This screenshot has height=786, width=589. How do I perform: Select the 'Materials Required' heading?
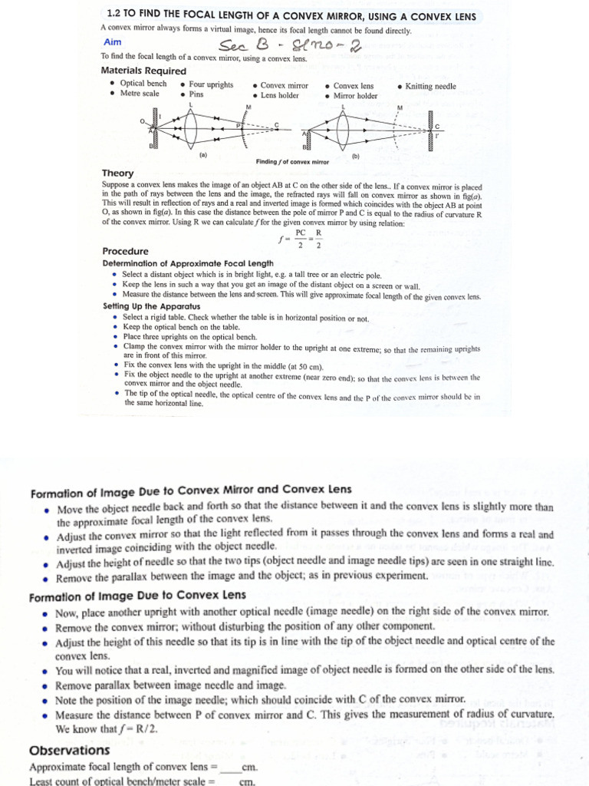coord(143,71)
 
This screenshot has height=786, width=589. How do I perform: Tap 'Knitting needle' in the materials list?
coord(430,86)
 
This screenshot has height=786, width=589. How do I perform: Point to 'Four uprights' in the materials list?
coord(211,84)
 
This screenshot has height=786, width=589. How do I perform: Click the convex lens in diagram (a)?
coord(191,126)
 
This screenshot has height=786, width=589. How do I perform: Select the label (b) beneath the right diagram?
coord(356,156)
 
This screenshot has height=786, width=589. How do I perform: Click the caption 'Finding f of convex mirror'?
coord(292,162)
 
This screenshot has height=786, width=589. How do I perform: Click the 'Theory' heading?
coord(117,173)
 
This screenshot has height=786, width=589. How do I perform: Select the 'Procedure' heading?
coord(126,251)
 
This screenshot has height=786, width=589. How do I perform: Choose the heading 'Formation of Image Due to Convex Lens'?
coord(137,596)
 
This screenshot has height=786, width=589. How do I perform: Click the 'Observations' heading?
coord(69,750)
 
